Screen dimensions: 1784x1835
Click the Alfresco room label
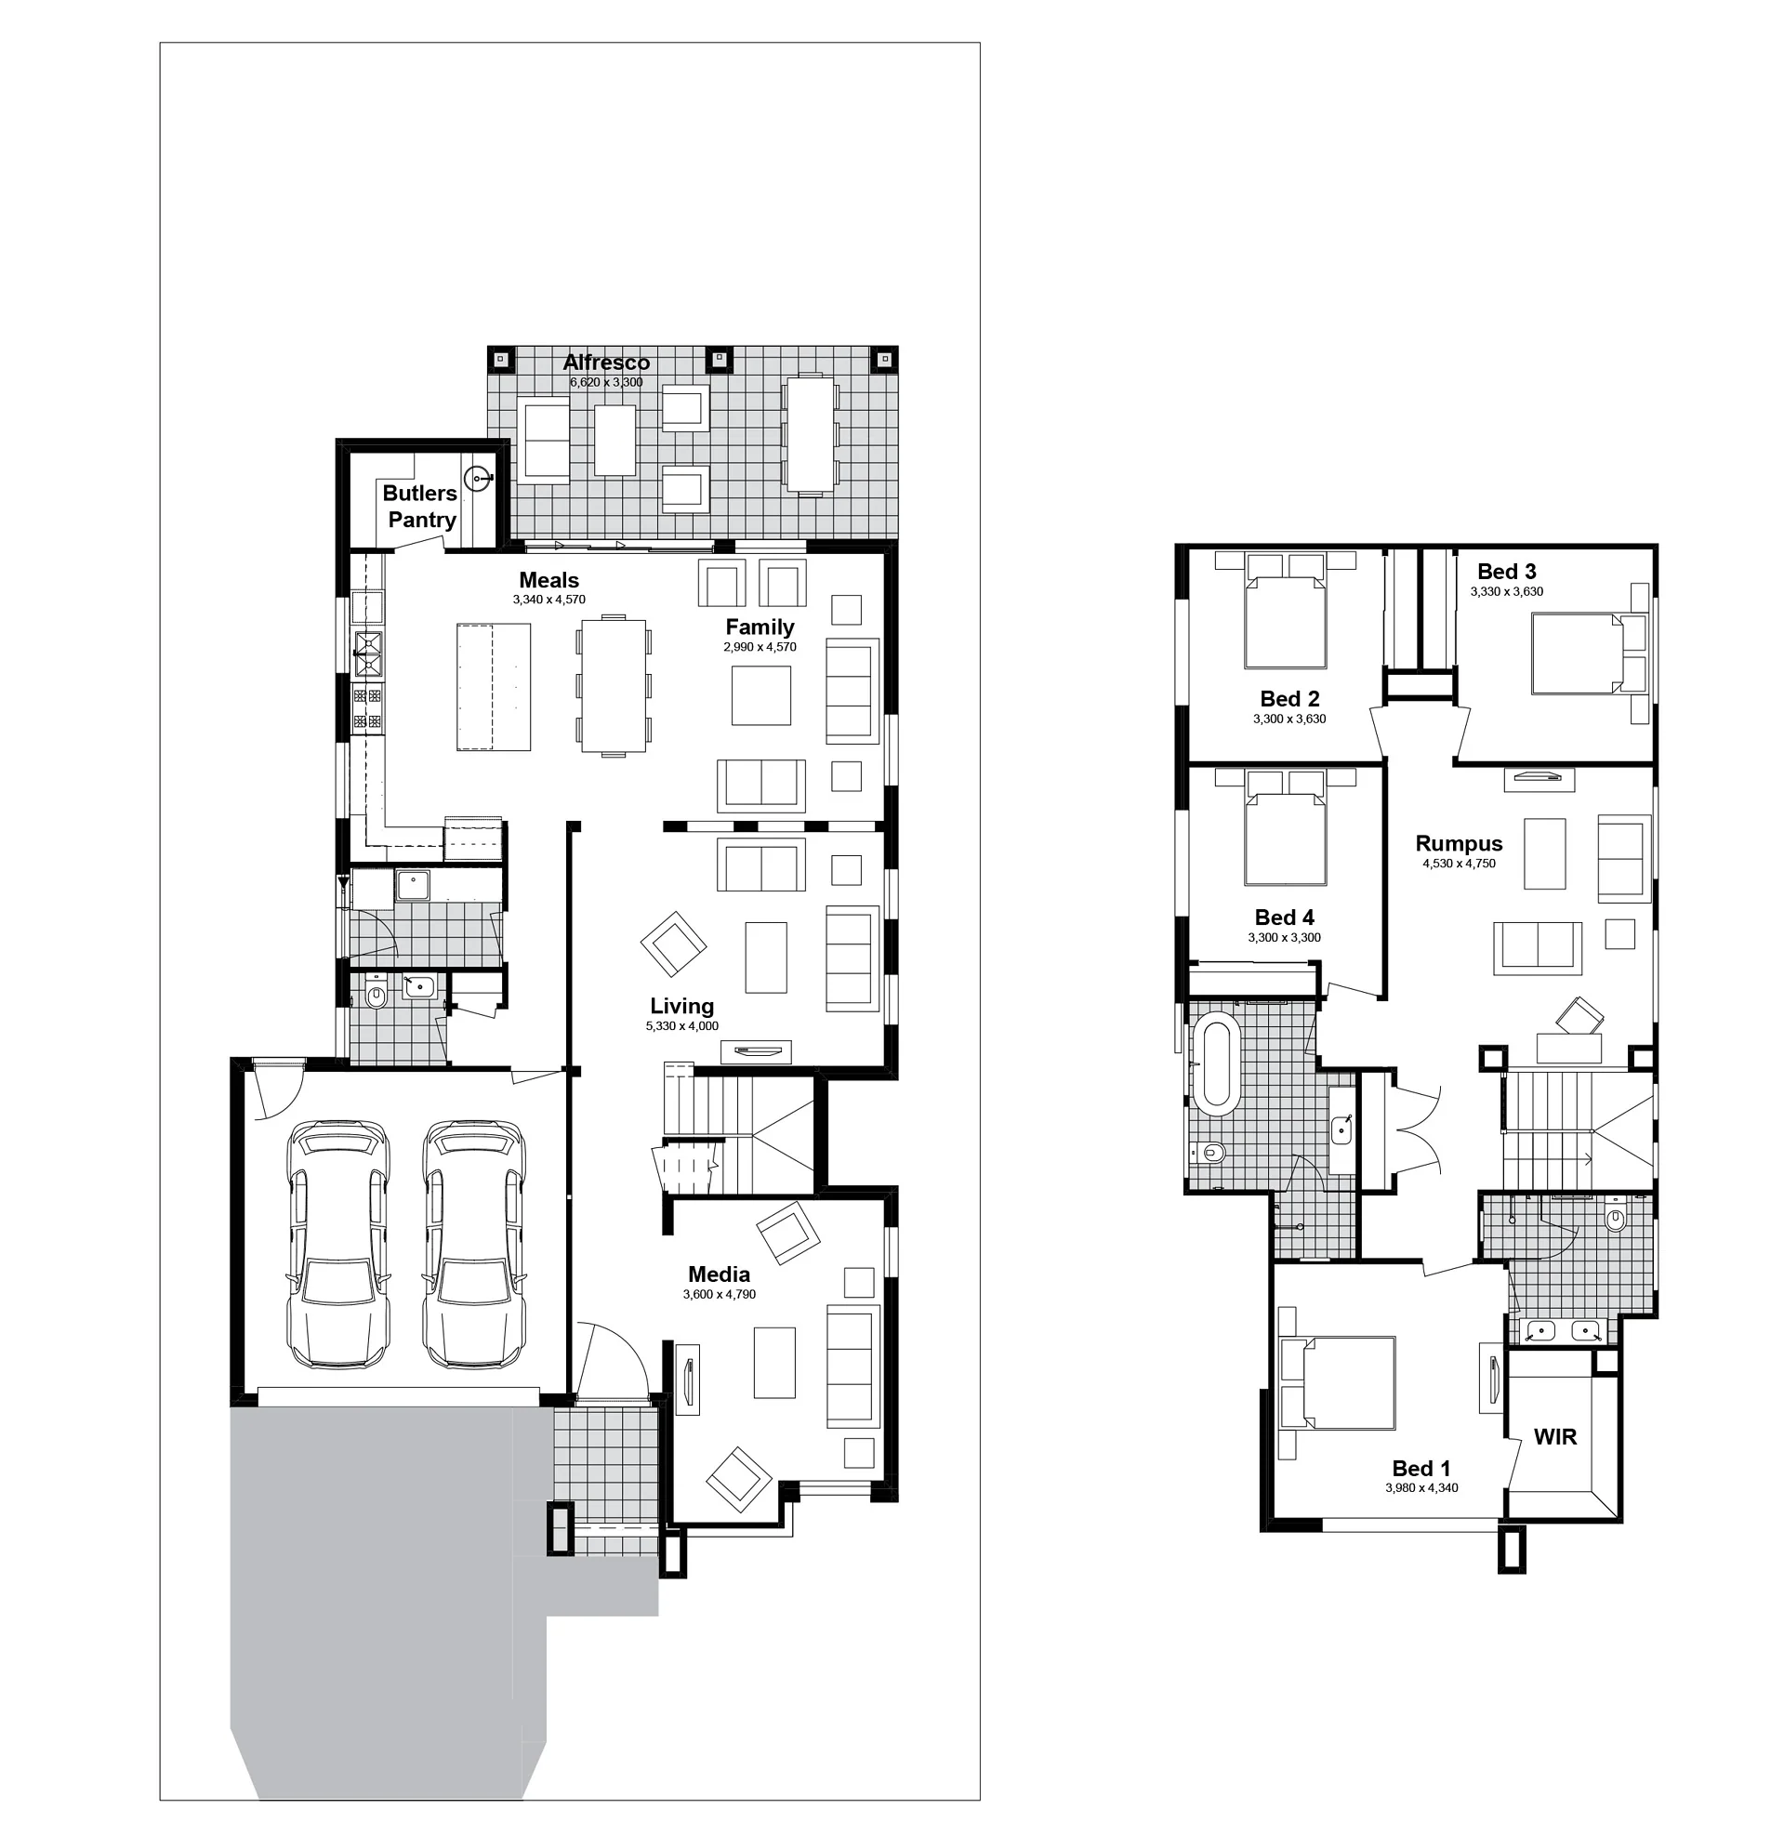coord(606,363)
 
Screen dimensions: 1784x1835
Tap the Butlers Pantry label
coord(421,507)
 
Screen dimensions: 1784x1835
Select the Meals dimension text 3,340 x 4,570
coord(549,600)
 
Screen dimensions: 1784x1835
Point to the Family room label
coord(760,627)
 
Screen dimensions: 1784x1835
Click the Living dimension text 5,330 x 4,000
coord(682,1025)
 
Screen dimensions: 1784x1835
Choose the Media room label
coord(720,1274)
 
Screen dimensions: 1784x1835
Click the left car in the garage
coord(338,1244)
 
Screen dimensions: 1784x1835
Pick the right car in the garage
coord(473,1244)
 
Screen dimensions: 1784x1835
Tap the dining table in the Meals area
coord(614,685)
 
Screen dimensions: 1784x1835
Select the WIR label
coord(1555,1436)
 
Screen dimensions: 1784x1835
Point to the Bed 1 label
coord(1421,1468)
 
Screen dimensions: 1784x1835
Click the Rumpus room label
coord(1459,843)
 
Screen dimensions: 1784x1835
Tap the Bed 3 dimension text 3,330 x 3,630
coord(1507,591)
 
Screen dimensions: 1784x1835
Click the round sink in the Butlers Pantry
coord(479,480)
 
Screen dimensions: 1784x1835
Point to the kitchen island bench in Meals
coord(494,687)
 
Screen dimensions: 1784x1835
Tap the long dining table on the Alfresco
coord(811,434)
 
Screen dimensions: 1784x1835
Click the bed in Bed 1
coord(1337,1382)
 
